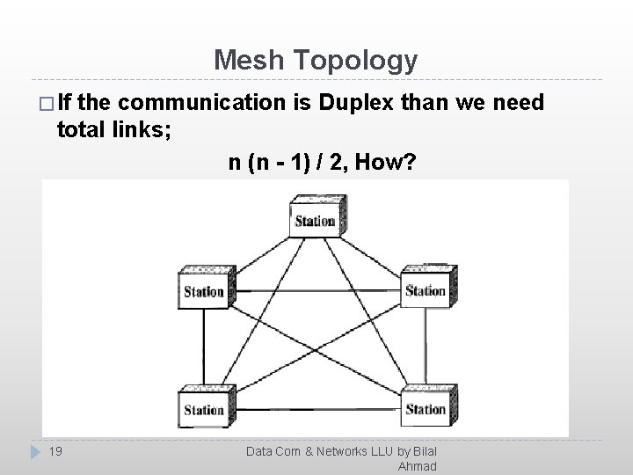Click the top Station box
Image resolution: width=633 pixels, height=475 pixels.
pyautogui.click(x=316, y=219)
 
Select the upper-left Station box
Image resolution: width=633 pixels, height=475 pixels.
pyautogui.click(x=205, y=290)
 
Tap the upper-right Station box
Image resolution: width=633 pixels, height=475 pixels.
pyautogui.click(x=426, y=289)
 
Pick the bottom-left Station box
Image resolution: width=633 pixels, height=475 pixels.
pyautogui.click(x=205, y=409)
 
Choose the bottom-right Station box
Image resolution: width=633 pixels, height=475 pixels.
pyautogui.click(x=426, y=408)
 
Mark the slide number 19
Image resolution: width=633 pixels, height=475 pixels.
pyautogui.click(x=55, y=451)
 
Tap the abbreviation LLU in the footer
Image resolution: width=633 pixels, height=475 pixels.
pyautogui.click(x=381, y=451)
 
